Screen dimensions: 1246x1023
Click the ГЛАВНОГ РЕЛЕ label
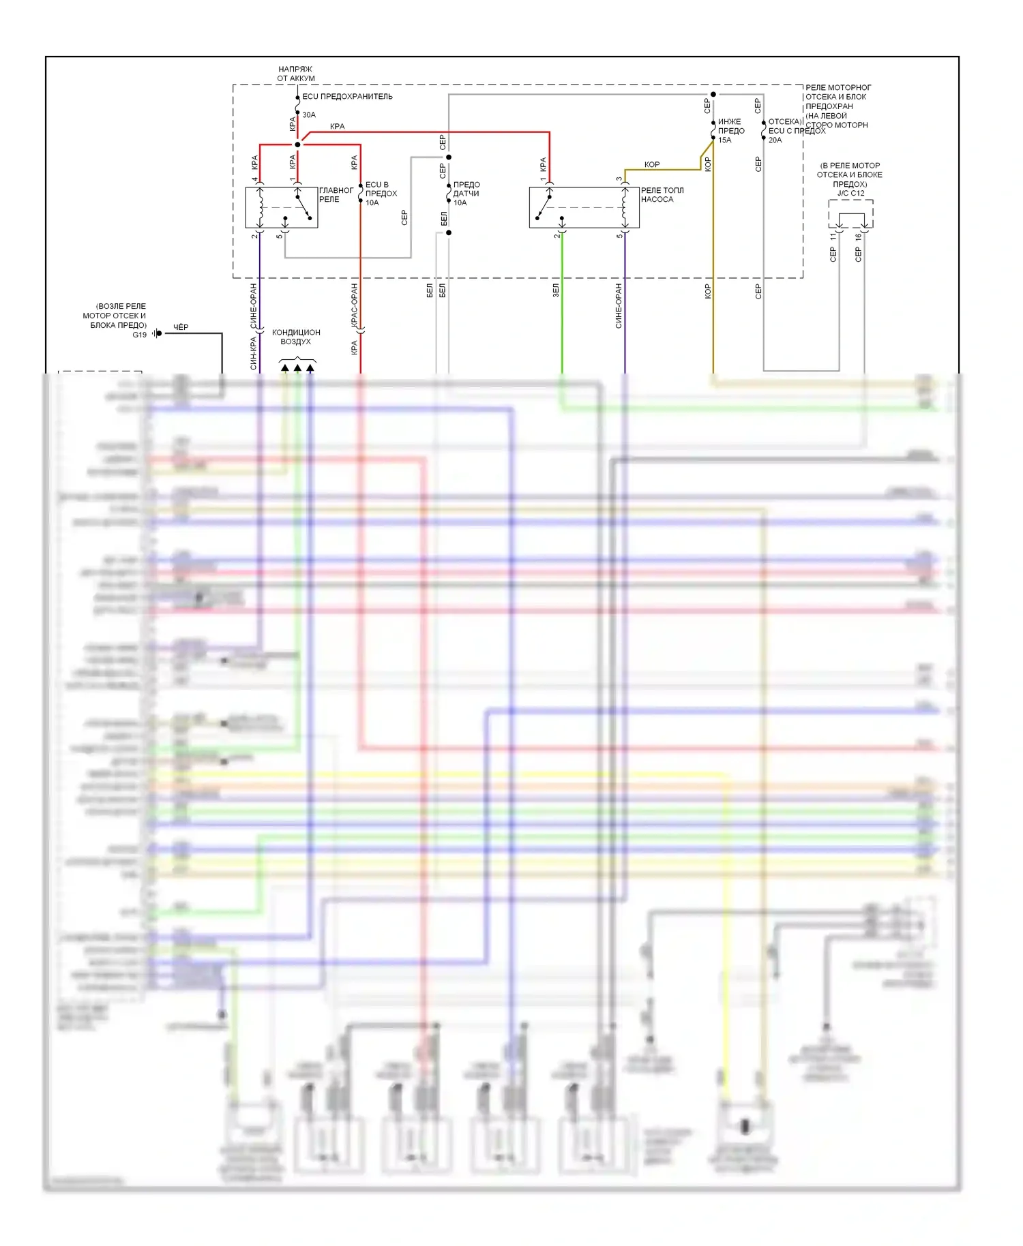tap(336, 195)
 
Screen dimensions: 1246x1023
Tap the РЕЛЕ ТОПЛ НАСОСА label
tap(661, 195)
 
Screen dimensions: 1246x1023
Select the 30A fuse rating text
tap(309, 115)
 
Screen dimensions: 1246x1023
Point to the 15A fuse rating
tap(724, 140)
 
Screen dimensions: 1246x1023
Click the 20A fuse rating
tap(775, 140)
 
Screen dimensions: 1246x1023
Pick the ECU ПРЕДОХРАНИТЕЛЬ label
tap(347, 97)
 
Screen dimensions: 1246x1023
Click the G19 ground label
tap(139, 335)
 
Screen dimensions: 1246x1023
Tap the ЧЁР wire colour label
tap(181, 327)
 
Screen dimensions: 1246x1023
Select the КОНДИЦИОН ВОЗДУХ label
tap(296, 337)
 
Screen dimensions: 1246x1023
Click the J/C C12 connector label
tap(850, 194)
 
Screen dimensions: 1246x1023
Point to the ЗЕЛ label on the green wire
tap(556, 290)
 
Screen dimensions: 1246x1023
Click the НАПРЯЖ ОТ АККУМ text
tap(295, 74)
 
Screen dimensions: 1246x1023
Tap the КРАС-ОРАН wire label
tap(354, 305)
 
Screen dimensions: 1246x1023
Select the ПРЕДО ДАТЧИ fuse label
tap(466, 189)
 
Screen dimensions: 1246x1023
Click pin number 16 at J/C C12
tap(858, 237)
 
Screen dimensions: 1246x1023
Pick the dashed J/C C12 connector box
tap(850, 213)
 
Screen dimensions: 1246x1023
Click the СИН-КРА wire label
tap(253, 354)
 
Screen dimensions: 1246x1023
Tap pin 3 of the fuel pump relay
tap(619, 179)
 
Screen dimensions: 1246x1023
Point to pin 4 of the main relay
tap(255, 179)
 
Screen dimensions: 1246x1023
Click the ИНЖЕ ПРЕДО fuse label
tap(730, 126)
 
